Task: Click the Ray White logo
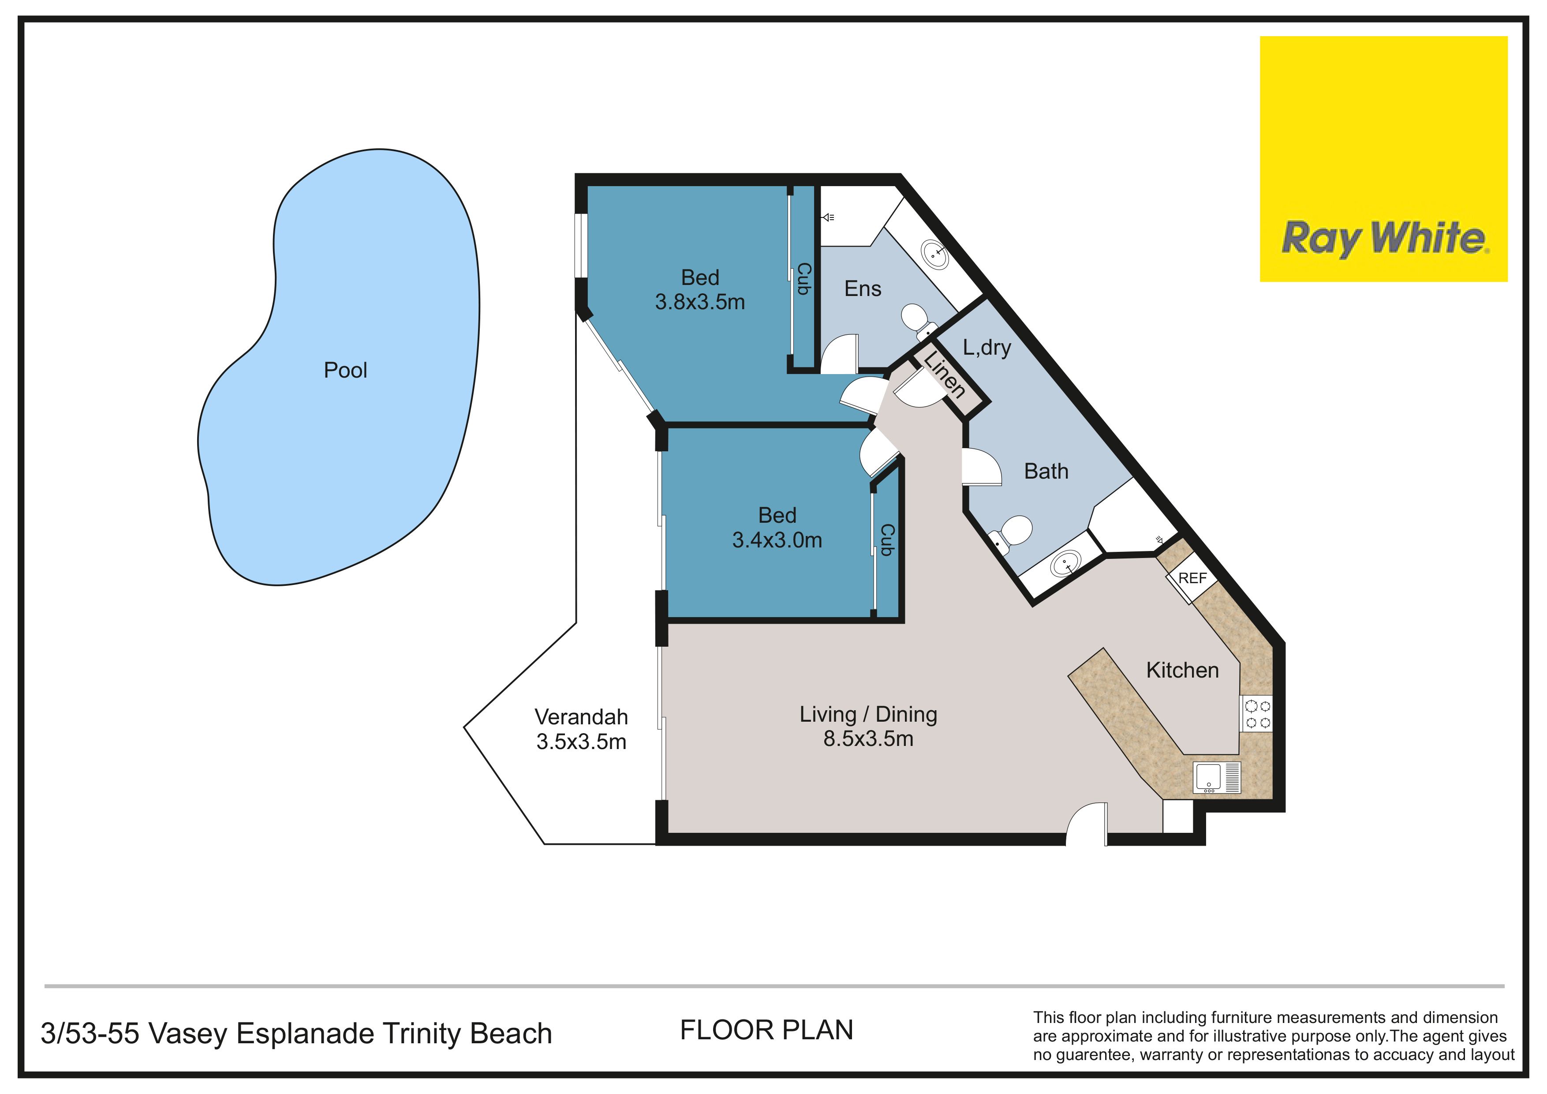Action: pyautogui.click(x=1383, y=159)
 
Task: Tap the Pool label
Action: pyautogui.click(x=346, y=370)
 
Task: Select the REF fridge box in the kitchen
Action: pyautogui.click(x=1192, y=578)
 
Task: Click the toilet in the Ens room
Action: pyautogui.click(x=918, y=320)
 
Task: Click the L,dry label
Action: pyautogui.click(x=987, y=347)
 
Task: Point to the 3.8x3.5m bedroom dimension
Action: pyautogui.click(x=700, y=302)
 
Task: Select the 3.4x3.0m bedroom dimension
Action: pyautogui.click(x=777, y=540)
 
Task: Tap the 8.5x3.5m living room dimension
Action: pyautogui.click(x=868, y=739)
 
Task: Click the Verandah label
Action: pyautogui.click(x=582, y=716)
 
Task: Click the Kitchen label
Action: pyautogui.click(x=1182, y=670)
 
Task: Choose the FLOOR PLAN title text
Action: pyautogui.click(x=767, y=1030)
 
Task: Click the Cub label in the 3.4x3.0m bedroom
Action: pyautogui.click(x=887, y=540)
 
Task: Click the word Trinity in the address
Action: pyautogui.click(x=421, y=1033)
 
